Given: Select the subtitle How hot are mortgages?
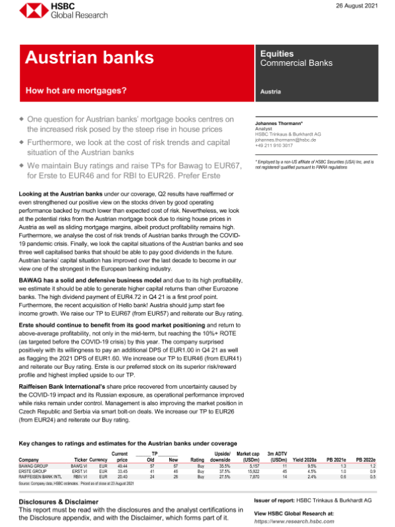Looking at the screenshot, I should [76, 90].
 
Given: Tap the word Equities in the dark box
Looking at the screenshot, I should [276, 54].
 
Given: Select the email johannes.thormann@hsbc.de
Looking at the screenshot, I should [287, 140].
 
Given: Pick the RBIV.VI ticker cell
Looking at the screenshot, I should [80, 476].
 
